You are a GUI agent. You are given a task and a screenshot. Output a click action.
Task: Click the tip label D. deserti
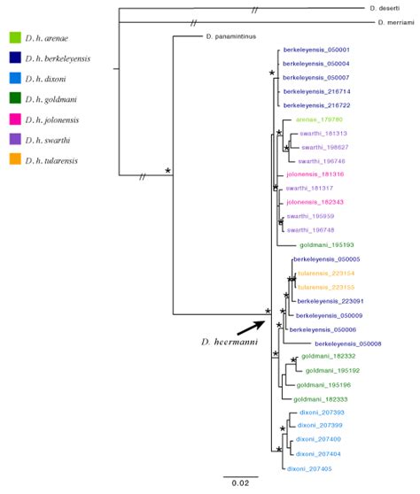pyautogui.click(x=386, y=8)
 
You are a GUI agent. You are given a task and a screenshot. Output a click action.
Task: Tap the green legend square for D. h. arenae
pyautogui.click(x=15, y=38)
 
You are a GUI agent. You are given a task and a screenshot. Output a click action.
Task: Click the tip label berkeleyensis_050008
pyautogui.click(x=348, y=343)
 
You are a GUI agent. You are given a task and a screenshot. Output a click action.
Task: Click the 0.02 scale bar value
pyautogui.click(x=239, y=482)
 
